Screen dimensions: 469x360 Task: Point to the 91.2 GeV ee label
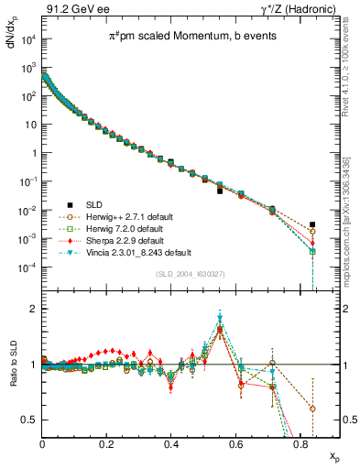(x=71, y=8)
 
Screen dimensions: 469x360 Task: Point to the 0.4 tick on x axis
(x=171, y=444)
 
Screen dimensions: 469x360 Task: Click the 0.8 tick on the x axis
(x=300, y=444)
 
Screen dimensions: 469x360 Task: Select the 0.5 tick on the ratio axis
(x=32, y=420)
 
